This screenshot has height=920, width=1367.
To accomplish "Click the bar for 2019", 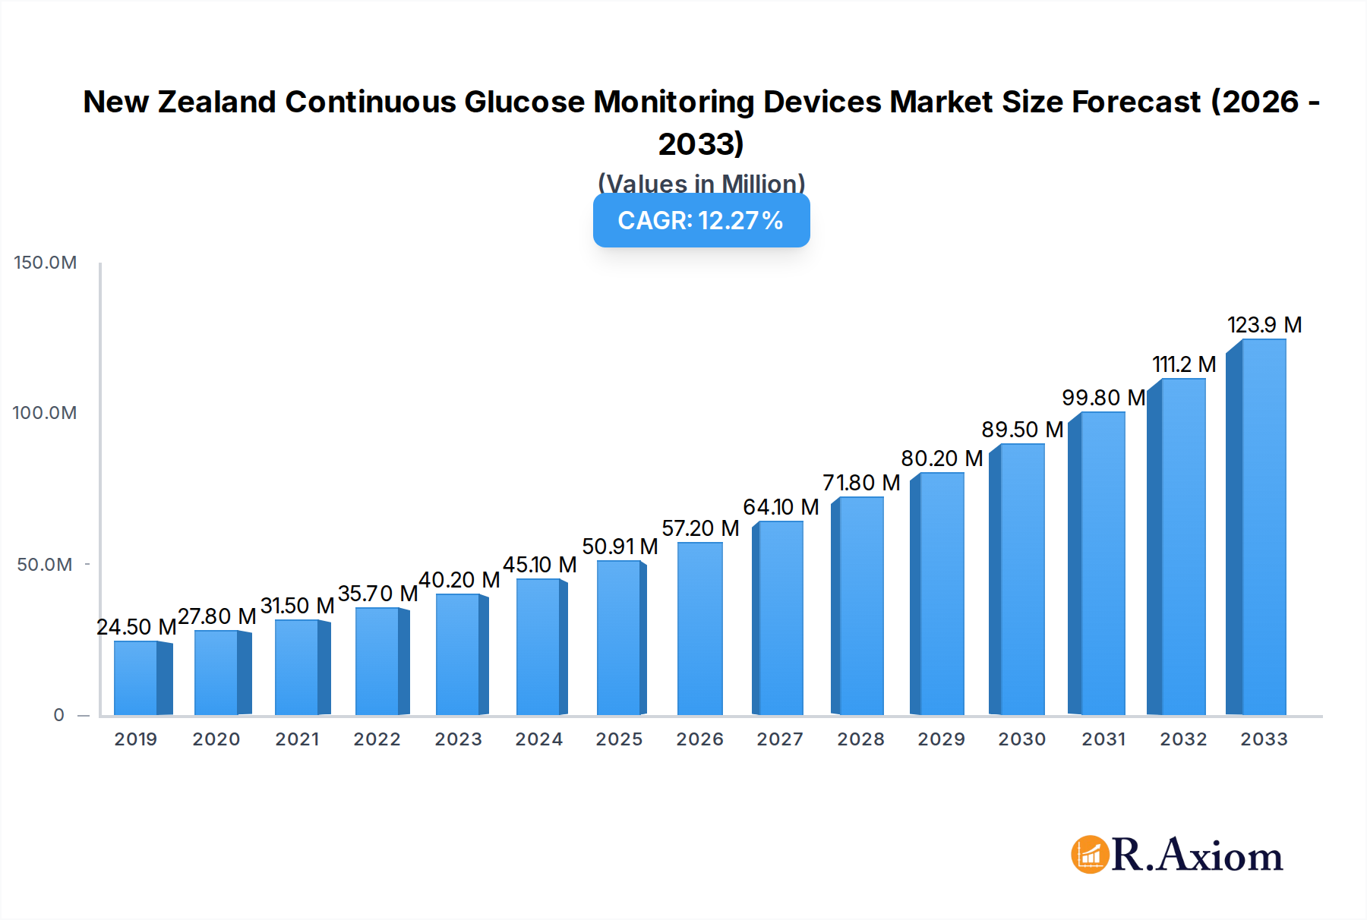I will pyautogui.click(x=137, y=678).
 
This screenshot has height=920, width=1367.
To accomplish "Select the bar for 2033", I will pyautogui.click(x=1262, y=527).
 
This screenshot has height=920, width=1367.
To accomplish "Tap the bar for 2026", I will pyautogui.click(x=699, y=629).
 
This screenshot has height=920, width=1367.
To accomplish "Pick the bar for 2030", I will pyautogui.click(x=1021, y=579).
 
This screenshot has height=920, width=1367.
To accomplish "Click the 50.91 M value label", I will pyautogui.click(x=620, y=547).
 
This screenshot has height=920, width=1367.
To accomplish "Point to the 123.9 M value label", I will pyautogui.click(x=1264, y=325).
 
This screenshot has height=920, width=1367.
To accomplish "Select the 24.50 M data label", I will pyautogui.click(x=136, y=627).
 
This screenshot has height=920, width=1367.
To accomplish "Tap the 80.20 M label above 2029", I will pyautogui.click(x=942, y=458).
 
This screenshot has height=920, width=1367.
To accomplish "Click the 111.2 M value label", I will pyautogui.click(x=1184, y=364).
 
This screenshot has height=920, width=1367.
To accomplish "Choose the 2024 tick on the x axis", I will pyautogui.click(x=538, y=739).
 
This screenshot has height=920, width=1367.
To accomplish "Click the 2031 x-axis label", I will pyautogui.click(x=1103, y=739).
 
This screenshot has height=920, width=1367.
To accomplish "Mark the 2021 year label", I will pyautogui.click(x=297, y=739).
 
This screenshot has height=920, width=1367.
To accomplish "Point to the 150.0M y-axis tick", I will pyautogui.click(x=46, y=263).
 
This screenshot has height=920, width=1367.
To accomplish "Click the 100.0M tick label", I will pyautogui.click(x=45, y=413).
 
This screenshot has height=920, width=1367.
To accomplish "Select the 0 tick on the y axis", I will pyautogui.click(x=59, y=715).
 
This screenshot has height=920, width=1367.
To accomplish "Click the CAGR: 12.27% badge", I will pyautogui.click(x=701, y=220).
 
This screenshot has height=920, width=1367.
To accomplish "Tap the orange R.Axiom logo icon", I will pyautogui.click(x=1090, y=855).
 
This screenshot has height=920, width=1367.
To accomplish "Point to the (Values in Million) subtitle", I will pyautogui.click(x=701, y=183).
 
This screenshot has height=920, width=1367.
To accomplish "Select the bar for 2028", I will pyautogui.click(x=860, y=606).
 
